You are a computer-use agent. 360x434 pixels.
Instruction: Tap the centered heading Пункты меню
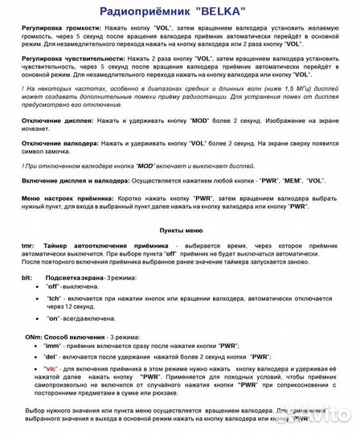(x=181, y=229)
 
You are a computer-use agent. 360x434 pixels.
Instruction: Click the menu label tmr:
(x=29, y=244)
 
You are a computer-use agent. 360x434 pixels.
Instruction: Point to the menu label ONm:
(x=33, y=336)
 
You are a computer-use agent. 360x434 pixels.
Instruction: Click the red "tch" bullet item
(x=54, y=298)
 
